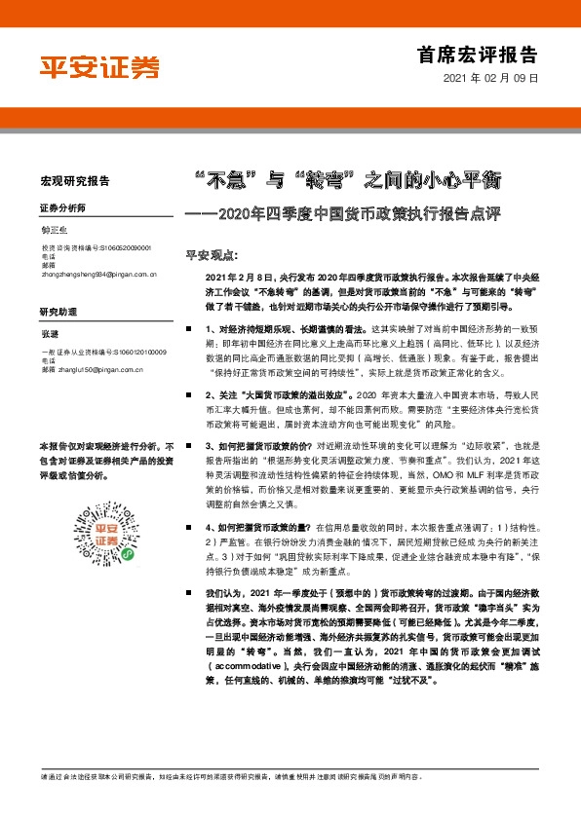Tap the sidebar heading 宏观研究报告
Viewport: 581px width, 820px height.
coord(74,181)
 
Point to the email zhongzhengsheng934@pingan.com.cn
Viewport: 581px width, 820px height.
coord(98,276)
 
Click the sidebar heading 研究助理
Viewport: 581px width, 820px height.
coord(58,312)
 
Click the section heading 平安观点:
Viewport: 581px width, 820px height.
coord(212,255)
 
